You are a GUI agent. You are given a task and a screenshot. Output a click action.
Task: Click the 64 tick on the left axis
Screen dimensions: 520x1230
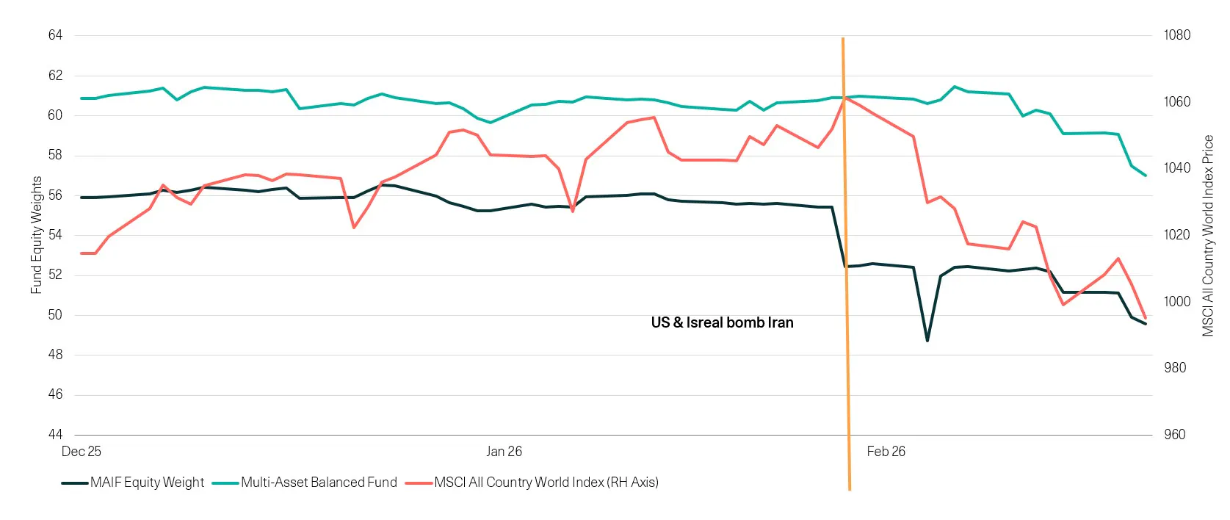coord(55,35)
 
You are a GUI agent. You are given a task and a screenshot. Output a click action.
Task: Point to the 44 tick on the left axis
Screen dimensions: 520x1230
coord(55,434)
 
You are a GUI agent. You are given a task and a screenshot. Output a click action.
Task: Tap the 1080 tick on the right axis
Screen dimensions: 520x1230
coord(1176,35)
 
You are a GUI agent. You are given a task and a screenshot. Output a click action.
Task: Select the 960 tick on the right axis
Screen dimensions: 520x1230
coord(1174,434)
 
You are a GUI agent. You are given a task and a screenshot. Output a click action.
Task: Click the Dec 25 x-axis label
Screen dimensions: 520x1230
coord(81,452)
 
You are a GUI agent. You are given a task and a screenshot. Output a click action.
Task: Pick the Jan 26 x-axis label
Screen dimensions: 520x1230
coord(504,452)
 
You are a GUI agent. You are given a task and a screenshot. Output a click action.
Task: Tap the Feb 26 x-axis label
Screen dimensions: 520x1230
coord(886,452)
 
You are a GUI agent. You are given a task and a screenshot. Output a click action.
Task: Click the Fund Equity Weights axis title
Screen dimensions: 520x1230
coord(36,235)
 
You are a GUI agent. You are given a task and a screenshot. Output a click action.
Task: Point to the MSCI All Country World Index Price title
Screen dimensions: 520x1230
coord(1208,235)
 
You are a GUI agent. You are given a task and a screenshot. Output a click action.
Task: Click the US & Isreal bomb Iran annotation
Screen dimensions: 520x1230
coord(722,322)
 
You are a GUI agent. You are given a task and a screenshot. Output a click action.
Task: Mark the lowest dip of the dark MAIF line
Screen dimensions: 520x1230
coord(927,341)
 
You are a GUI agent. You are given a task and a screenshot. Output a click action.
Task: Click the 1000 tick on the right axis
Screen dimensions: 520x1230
coord(1176,301)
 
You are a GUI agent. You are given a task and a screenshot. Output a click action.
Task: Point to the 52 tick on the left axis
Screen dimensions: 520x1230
coord(55,275)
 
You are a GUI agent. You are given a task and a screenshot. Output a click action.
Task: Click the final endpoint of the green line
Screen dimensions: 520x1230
coord(1146,176)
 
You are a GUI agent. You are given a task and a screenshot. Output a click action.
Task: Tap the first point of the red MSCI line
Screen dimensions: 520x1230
coord(82,253)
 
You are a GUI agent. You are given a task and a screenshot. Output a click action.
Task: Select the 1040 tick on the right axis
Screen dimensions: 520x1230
coord(1176,168)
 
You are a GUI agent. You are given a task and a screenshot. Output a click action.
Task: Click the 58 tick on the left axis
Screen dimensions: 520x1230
coord(55,155)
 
